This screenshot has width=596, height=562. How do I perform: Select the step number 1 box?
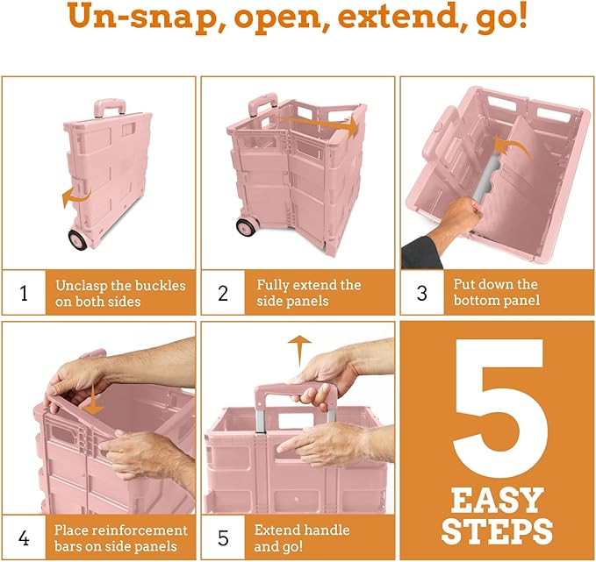coord(24,294)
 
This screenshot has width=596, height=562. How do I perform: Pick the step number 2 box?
coord(223,294)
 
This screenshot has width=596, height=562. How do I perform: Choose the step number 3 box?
coord(422,294)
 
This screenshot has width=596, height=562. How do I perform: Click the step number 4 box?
coord(24,538)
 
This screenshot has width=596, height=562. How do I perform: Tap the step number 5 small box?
coord(223,538)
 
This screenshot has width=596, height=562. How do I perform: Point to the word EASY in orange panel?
coord(497,501)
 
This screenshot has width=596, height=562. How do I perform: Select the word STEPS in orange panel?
coord(497,531)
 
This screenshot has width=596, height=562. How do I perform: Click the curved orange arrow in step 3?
coord(506,145)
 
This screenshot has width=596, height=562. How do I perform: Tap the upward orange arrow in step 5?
coord(299,348)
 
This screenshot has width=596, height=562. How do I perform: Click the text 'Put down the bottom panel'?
coord(496,293)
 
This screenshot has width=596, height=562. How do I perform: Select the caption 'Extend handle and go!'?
coord(302,538)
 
